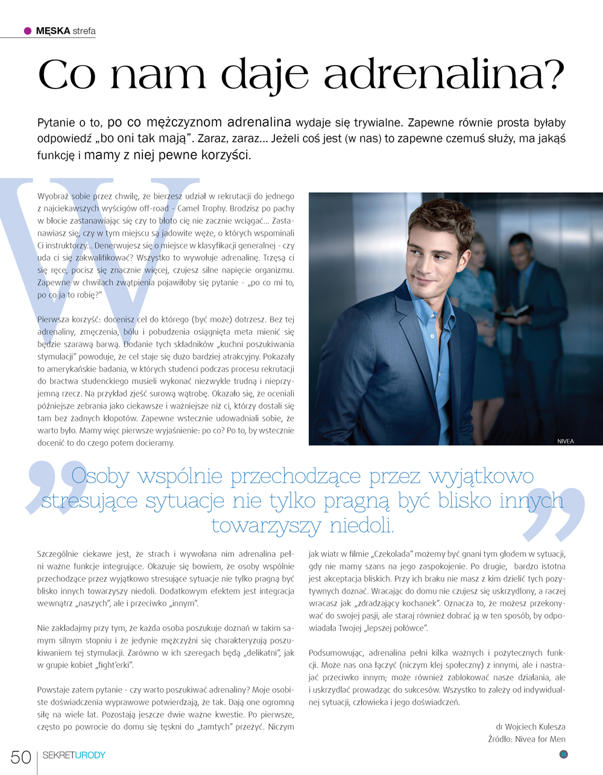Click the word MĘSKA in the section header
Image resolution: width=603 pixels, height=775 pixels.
[x=53, y=31]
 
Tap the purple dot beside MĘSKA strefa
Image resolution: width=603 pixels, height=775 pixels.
[x=28, y=31]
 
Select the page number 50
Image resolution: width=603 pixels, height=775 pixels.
[x=21, y=758]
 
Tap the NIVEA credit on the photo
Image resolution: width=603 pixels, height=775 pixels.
[x=566, y=441]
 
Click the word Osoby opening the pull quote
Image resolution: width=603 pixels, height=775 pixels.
[x=100, y=476]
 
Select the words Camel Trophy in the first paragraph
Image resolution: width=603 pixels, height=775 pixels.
[x=203, y=209]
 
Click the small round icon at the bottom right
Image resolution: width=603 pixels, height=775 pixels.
[x=564, y=754]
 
